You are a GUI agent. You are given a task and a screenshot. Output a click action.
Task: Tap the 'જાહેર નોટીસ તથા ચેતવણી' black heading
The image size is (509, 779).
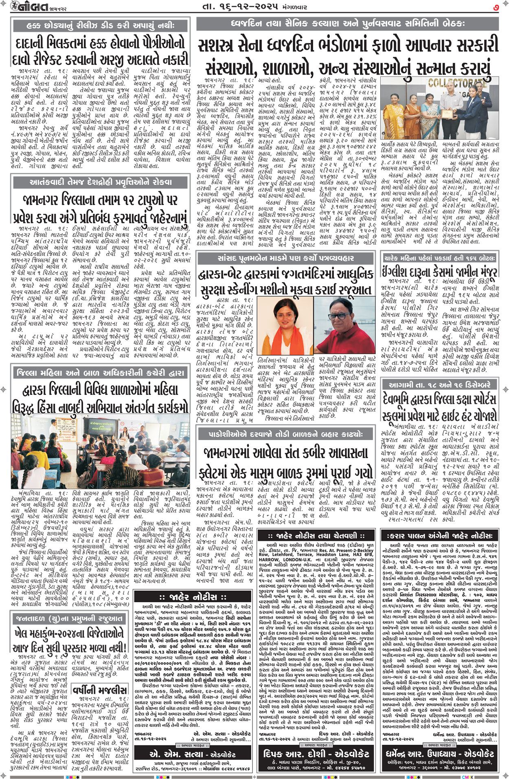pos(316,536)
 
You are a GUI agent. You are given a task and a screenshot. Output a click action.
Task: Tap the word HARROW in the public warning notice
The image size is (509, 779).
pos(269,560)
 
